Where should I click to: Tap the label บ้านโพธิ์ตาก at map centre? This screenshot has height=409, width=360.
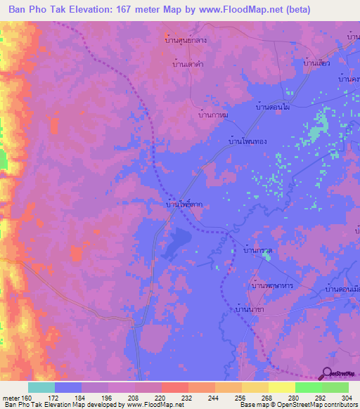tap(184, 205)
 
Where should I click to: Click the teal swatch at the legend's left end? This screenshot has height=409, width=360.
tap(41, 387)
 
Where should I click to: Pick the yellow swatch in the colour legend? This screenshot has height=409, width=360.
tap(282, 387)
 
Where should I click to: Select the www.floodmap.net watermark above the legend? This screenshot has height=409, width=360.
tap(149, 377)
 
